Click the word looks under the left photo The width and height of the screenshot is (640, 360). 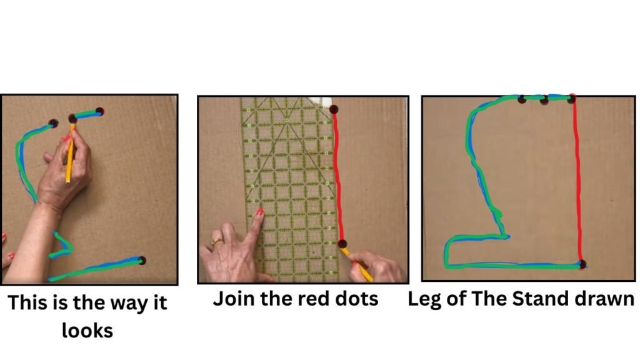click(x=87, y=330)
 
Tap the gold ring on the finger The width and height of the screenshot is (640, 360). click(x=217, y=242)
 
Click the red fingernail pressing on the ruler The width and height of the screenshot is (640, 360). click(x=259, y=212)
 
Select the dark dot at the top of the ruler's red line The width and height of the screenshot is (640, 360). click(x=334, y=109)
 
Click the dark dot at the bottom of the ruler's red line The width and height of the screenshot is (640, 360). click(x=342, y=244)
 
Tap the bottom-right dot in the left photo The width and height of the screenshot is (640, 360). click(x=142, y=261)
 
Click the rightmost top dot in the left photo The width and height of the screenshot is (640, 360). click(x=99, y=111)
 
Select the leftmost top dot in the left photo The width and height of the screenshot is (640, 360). click(x=53, y=123)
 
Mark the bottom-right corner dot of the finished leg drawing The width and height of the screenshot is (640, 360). click(x=582, y=264)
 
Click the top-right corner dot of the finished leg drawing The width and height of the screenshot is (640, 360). click(x=571, y=98)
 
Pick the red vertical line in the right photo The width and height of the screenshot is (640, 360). click(x=577, y=181)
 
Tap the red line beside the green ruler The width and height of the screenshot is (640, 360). click(x=337, y=176)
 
